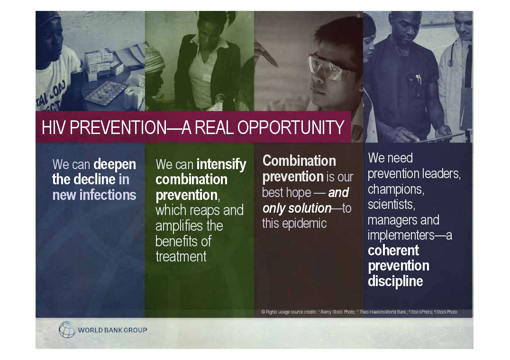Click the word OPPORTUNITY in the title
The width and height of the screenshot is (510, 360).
tap(291, 127)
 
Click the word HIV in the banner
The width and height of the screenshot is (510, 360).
tap(54, 127)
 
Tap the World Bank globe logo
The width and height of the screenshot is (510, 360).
tap(67, 330)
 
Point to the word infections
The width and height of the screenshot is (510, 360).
tap(108, 195)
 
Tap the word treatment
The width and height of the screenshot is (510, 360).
tap(181, 257)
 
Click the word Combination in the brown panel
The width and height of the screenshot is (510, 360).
tap(299, 161)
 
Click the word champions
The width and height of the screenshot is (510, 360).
tap(396, 189)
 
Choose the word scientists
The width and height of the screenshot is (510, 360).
tap(392, 204)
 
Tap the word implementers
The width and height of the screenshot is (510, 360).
tap(401, 235)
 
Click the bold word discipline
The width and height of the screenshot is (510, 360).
tap(395, 281)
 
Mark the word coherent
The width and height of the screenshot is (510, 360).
tap(393, 251)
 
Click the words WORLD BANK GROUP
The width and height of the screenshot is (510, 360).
tap(112, 330)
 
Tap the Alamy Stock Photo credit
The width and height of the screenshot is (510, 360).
tap(337, 312)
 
